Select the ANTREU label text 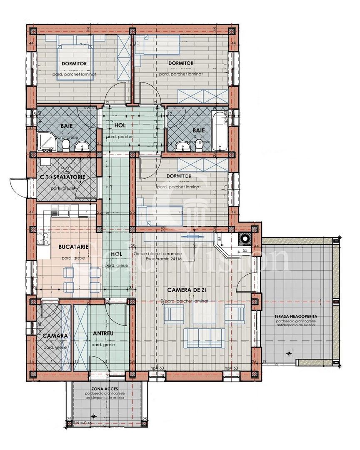click(103, 334)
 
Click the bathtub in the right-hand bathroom click(220, 131)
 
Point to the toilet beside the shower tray click(65, 144)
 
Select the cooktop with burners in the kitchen click(44, 239)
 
